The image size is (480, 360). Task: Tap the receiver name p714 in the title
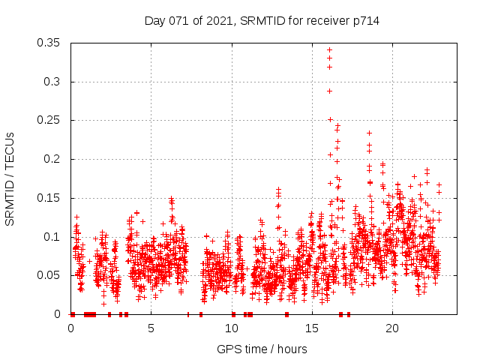pos(364,21)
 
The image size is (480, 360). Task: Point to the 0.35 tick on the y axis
pos(51,43)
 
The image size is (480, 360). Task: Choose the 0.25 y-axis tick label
pos(51,120)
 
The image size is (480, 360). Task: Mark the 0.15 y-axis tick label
pos(51,198)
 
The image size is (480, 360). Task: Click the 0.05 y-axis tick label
pos(51,275)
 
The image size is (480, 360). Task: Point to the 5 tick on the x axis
pos(151,328)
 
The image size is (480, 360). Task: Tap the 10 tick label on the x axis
pos(232,328)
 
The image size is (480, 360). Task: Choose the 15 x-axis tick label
pos(312,328)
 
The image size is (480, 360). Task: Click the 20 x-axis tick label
pos(392,328)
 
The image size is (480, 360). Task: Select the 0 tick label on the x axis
pos(70,328)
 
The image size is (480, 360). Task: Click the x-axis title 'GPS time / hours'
pos(262,349)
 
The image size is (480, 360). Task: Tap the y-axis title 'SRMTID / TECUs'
pos(10,178)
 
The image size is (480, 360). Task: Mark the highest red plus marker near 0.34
pos(329,50)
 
